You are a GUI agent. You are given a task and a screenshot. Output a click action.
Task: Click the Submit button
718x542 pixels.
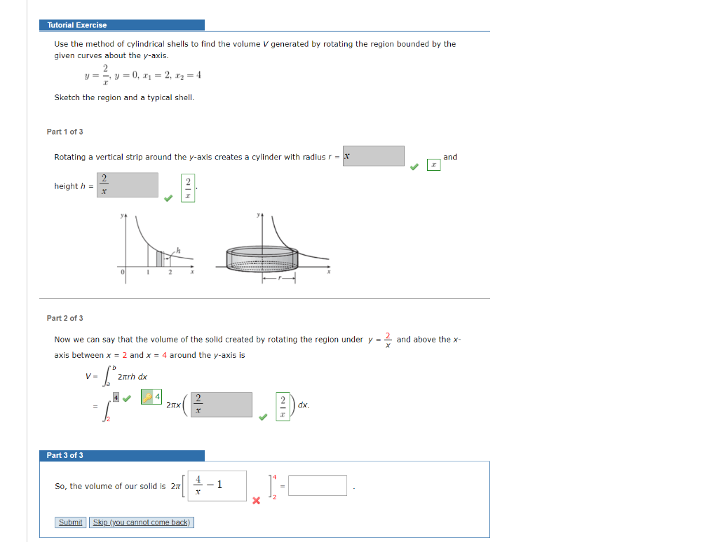pyautogui.click(x=70, y=522)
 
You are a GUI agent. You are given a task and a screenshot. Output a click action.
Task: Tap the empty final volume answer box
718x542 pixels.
pyautogui.click(x=317, y=485)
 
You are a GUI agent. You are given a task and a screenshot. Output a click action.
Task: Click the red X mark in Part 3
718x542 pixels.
pyautogui.click(x=256, y=500)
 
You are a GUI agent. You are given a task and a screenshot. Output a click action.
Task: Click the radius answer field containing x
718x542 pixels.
pyautogui.click(x=373, y=156)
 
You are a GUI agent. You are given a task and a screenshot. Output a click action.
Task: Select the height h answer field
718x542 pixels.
pyautogui.click(x=128, y=185)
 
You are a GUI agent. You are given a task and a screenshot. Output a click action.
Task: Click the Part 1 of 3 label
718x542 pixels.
pyautogui.click(x=65, y=132)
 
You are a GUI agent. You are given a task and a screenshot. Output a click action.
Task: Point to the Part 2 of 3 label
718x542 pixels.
pyautogui.click(x=65, y=318)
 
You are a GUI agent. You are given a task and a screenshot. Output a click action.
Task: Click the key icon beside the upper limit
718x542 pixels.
pyautogui.click(x=147, y=397)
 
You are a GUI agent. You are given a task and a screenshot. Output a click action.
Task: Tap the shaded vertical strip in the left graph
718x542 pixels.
pyautogui.click(x=160, y=258)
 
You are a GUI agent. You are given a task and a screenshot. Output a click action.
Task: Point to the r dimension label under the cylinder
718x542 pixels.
pyautogui.click(x=279, y=279)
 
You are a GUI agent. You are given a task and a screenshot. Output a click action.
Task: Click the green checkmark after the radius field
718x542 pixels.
pyautogui.click(x=414, y=167)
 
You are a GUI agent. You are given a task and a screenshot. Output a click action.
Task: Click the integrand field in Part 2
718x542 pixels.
pyautogui.click(x=219, y=405)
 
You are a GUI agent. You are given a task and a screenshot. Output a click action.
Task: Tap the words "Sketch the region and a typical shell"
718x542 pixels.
pyautogui.click(x=124, y=97)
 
